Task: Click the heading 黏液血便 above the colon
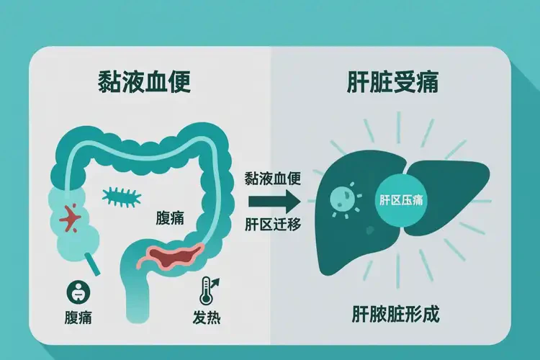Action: (144, 82)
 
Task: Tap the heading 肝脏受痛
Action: (392, 82)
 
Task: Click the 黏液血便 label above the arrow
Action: (273, 179)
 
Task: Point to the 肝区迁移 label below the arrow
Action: (273, 224)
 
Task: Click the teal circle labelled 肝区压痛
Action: (400, 200)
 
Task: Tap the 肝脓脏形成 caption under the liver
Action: (395, 314)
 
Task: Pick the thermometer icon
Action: (206, 290)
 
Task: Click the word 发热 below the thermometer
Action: (207, 317)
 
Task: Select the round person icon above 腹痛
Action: (78, 292)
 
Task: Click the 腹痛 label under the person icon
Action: (78, 317)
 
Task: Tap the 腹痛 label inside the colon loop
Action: (170, 217)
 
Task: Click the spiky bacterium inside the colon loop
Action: (122, 197)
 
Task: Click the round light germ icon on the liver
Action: (342, 198)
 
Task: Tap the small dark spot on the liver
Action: (370, 230)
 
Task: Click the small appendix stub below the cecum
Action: (92, 264)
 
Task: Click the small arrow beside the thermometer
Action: (215, 282)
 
